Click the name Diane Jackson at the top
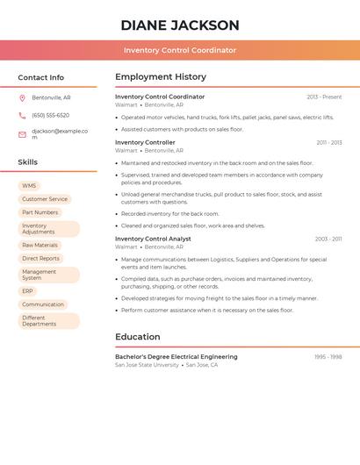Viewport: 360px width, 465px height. (x=180, y=25)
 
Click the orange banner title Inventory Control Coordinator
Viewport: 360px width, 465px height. (x=180, y=50)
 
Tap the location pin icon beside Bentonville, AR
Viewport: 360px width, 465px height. (x=22, y=98)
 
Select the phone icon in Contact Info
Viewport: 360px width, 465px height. (x=22, y=116)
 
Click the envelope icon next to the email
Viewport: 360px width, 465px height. (x=22, y=134)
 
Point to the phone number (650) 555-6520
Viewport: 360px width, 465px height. (x=50, y=116)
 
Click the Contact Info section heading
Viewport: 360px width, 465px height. (x=41, y=77)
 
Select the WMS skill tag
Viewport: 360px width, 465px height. (x=29, y=186)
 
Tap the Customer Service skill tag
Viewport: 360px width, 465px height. (x=44, y=199)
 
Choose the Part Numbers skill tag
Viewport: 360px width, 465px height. (x=40, y=212)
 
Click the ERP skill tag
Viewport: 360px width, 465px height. (x=27, y=291)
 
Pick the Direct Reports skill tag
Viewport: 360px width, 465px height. (x=40, y=259)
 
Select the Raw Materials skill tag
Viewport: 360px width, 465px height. (x=40, y=246)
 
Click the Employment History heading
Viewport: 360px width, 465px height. (x=161, y=77)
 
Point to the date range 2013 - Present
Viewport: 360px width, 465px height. (x=324, y=97)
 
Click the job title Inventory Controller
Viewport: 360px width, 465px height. (x=145, y=142)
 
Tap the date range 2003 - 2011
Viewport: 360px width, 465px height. (x=328, y=239)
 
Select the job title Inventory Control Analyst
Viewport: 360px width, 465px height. (x=153, y=239)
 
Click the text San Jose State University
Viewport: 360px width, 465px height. (x=147, y=365)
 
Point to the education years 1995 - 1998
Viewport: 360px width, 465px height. (x=328, y=357)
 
